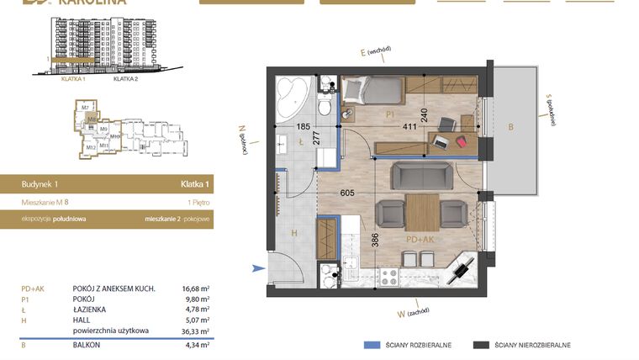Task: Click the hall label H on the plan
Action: [x=294, y=233]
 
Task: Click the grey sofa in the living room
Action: [x=424, y=174]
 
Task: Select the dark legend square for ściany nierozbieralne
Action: [x=481, y=345]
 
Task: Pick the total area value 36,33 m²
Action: [x=196, y=331]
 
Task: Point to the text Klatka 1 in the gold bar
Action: [x=194, y=183]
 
